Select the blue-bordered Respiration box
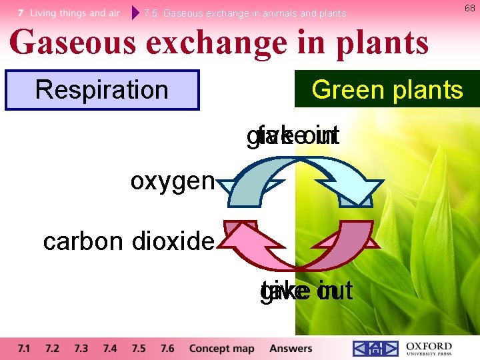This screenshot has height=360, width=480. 102,90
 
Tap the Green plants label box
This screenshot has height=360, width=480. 387,89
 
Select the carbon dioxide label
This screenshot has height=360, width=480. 129,241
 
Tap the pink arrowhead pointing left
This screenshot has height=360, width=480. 235,238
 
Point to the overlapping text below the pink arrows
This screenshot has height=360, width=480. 306,291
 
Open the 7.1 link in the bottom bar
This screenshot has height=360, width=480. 24,349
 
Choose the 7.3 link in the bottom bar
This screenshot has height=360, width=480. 81,349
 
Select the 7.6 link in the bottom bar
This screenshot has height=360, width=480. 167,349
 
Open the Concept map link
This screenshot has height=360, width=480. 222,349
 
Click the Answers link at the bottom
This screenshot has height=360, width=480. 291,349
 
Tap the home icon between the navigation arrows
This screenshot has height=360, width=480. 375,349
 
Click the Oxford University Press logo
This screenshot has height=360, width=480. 427,349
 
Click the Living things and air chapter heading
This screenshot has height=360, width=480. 69,13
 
